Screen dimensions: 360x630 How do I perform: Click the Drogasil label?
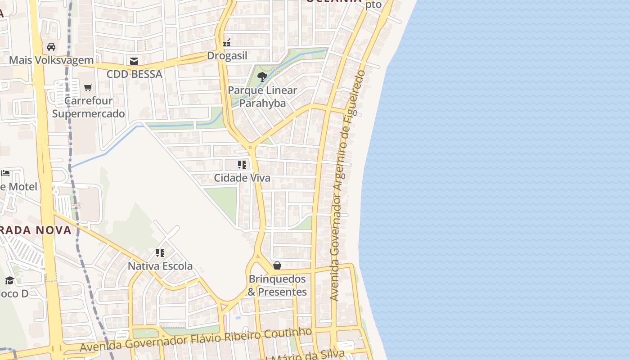(x=227, y=55)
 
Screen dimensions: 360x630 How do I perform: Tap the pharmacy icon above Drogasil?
(x=227, y=43)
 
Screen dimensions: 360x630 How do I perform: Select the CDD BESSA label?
(x=134, y=74)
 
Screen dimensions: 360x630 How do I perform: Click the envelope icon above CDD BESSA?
(x=134, y=61)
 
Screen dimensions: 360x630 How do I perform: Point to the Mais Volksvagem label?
(x=51, y=60)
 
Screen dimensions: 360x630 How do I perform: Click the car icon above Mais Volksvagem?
(x=51, y=47)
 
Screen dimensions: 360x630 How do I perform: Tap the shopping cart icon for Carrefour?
(x=88, y=87)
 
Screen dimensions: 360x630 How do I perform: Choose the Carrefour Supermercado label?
(x=88, y=107)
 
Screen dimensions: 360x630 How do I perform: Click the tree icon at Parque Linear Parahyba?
(x=262, y=77)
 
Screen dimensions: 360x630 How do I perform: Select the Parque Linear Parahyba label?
(x=262, y=97)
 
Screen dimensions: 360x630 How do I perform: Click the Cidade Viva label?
(x=242, y=178)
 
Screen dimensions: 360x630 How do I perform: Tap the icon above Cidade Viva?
(x=242, y=165)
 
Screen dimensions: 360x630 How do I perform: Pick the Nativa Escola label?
(x=160, y=266)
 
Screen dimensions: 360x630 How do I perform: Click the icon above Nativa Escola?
(x=160, y=253)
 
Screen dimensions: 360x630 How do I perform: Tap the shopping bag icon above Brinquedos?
(x=277, y=266)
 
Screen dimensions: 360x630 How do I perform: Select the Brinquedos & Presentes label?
(x=277, y=285)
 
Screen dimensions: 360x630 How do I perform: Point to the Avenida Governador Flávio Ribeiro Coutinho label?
(x=196, y=340)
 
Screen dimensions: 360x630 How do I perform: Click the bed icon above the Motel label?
(x=5, y=173)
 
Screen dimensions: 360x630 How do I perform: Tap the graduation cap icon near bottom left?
(x=9, y=281)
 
